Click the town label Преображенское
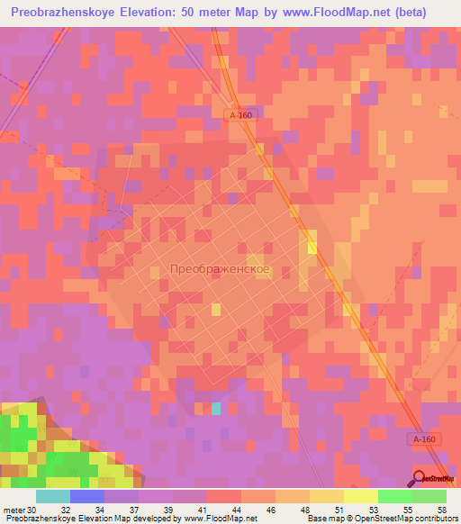(220, 269)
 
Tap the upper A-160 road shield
(240, 114)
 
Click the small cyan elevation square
(216, 409)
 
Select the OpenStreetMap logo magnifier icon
(420, 477)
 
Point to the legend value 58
(441, 509)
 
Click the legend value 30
(32, 509)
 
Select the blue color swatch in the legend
(87, 496)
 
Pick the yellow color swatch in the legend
(361, 496)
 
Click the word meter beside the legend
(14, 509)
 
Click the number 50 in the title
(199, 13)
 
